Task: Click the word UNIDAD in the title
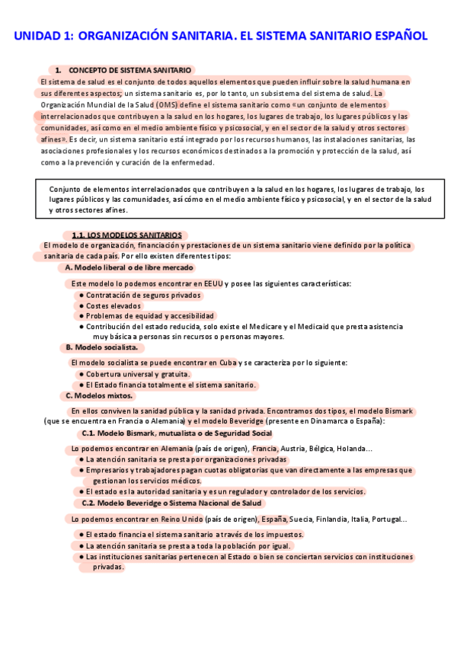pyautogui.click(x=38, y=35)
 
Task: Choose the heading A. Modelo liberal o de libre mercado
pyautogui.click(x=129, y=267)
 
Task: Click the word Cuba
pyautogui.click(x=226, y=363)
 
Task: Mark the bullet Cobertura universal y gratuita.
pyautogui.click(x=137, y=374)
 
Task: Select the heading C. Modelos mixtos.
pyautogui.click(x=99, y=395)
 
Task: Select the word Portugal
pyautogui.click(x=386, y=519)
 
